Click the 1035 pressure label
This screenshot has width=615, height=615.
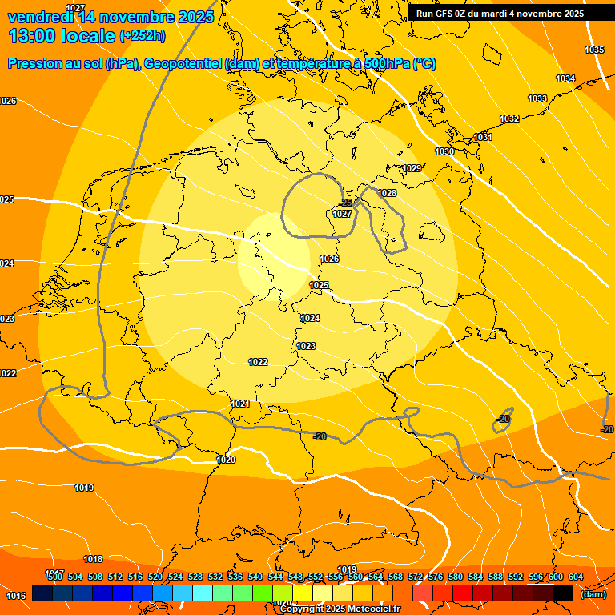(x=593, y=50)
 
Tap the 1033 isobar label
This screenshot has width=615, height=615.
(x=537, y=99)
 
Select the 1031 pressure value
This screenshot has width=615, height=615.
(x=483, y=138)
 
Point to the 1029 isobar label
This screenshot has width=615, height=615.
(x=412, y=168)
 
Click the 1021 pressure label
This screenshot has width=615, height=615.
(x=239, y=404)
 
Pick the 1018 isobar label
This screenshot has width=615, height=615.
(x=93, y=559)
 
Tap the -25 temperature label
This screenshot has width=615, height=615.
(x=346, y=203)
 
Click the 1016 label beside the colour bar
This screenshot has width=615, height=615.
(x=15, y=596)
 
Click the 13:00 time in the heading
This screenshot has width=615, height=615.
(x=33, y=36)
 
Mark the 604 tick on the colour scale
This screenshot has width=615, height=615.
(x=575, y=577)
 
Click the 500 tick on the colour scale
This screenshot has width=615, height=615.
(x=54, y=577)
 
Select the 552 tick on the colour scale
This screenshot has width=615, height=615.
(x=316, y=577)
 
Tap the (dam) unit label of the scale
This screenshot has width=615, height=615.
(x=593, y=594)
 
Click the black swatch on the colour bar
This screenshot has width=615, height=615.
(x=563, y=593)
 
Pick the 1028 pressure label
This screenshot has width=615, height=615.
(x=387, y=193)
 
